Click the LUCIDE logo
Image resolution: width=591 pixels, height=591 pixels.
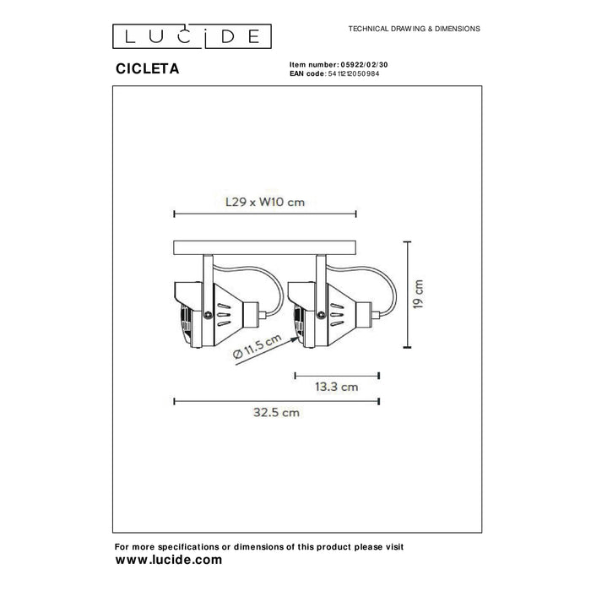click(x=192, y=36)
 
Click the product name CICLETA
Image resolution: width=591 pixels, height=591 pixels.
click(x=148, y=68)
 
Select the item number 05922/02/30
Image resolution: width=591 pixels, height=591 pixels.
click(x=364, y=65)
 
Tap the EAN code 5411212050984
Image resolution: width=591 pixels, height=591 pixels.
click(x=354, y=74)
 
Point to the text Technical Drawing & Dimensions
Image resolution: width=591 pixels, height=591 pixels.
click(x=415, y=29)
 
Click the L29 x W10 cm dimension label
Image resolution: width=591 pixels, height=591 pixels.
click(x=265, y=202)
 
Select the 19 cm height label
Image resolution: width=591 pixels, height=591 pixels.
click(x=419, y=295)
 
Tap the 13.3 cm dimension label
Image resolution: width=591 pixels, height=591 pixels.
click(x=337, y=387)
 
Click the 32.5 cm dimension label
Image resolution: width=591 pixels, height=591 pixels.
click(x=276, y=412)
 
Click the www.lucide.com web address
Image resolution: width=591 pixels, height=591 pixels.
click(x=169, y=560)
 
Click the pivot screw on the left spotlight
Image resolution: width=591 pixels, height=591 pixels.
click(x=207, y=313)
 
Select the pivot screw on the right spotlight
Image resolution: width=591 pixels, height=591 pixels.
click(x=321, y=314)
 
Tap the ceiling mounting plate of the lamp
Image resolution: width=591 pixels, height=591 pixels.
click(x=264, y=247)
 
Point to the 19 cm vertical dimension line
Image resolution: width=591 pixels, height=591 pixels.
click(x=407, y=295)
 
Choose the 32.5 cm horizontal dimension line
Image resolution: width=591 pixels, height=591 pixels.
click(x=276, y=401)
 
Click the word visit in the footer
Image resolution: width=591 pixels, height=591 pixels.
click(x=393, y=546)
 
